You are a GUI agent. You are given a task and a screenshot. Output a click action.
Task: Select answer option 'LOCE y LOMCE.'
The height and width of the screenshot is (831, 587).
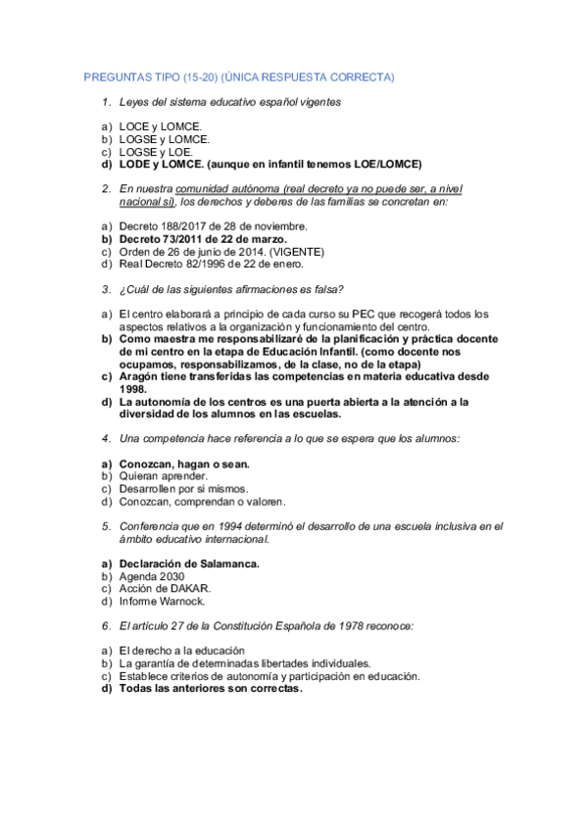pyautogui.click(x=161, y=126)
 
